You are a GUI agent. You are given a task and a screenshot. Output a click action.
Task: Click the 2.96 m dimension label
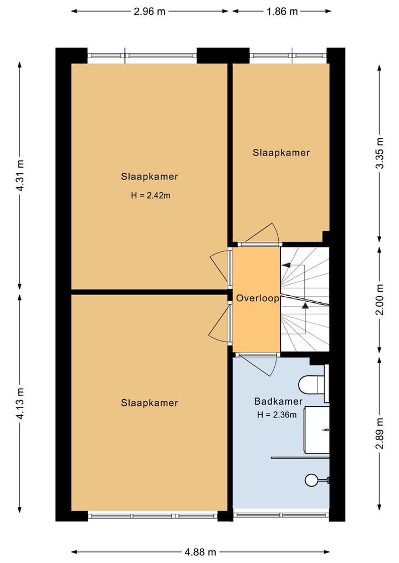pos(150,12)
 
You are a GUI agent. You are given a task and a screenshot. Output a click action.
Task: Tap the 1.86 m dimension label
pos(282,12)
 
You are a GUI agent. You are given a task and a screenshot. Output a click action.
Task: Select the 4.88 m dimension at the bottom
pos(200,551)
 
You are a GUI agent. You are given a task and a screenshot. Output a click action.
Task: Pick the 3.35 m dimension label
pos(380,153)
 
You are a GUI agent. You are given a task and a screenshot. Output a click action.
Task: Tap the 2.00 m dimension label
pos(380,299)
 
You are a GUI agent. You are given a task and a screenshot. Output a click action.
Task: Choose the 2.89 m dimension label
pos(380,433)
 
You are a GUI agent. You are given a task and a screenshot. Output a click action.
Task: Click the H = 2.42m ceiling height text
pos(151,195)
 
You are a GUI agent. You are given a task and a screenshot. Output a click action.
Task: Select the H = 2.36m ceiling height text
pos(277,415)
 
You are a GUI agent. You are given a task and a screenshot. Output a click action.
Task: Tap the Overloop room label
pos(257,298)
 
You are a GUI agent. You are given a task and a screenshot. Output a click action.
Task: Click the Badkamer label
pos(278,401)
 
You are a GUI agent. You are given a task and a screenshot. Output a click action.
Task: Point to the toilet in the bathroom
pos(312,384)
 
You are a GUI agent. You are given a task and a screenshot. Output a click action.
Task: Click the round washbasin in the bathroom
pos(311,480)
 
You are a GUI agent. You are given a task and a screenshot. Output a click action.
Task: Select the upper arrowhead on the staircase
pos(286,266)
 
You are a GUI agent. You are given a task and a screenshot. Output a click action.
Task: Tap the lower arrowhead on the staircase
pos(305,306)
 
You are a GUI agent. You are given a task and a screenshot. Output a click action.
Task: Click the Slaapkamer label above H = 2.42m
pos(150,177)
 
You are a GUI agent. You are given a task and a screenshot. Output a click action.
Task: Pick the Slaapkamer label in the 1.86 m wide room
pos(281,153)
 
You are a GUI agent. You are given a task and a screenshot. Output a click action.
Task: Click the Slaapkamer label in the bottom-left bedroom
pos(150,403)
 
